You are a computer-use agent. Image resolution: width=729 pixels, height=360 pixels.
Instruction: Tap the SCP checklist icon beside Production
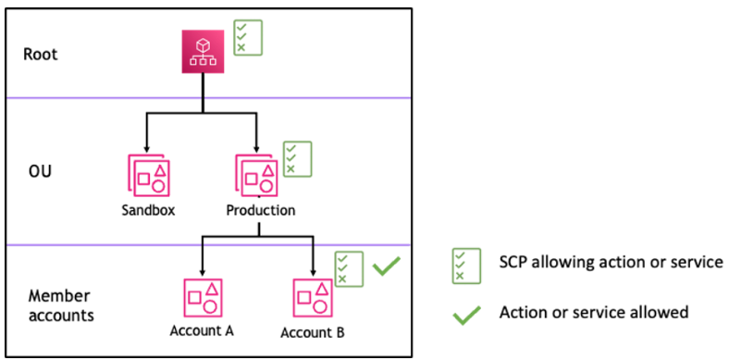tap(297, 158)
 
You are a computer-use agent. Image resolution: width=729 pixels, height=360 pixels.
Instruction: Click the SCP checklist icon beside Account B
tap(349, 268)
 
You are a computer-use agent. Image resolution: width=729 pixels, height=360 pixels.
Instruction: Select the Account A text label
tap(202, 330)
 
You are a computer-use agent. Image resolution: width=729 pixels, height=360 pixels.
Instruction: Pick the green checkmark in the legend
tap(467, 315)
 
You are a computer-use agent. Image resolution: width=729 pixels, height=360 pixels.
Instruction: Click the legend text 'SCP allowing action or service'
tap(608, 263)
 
